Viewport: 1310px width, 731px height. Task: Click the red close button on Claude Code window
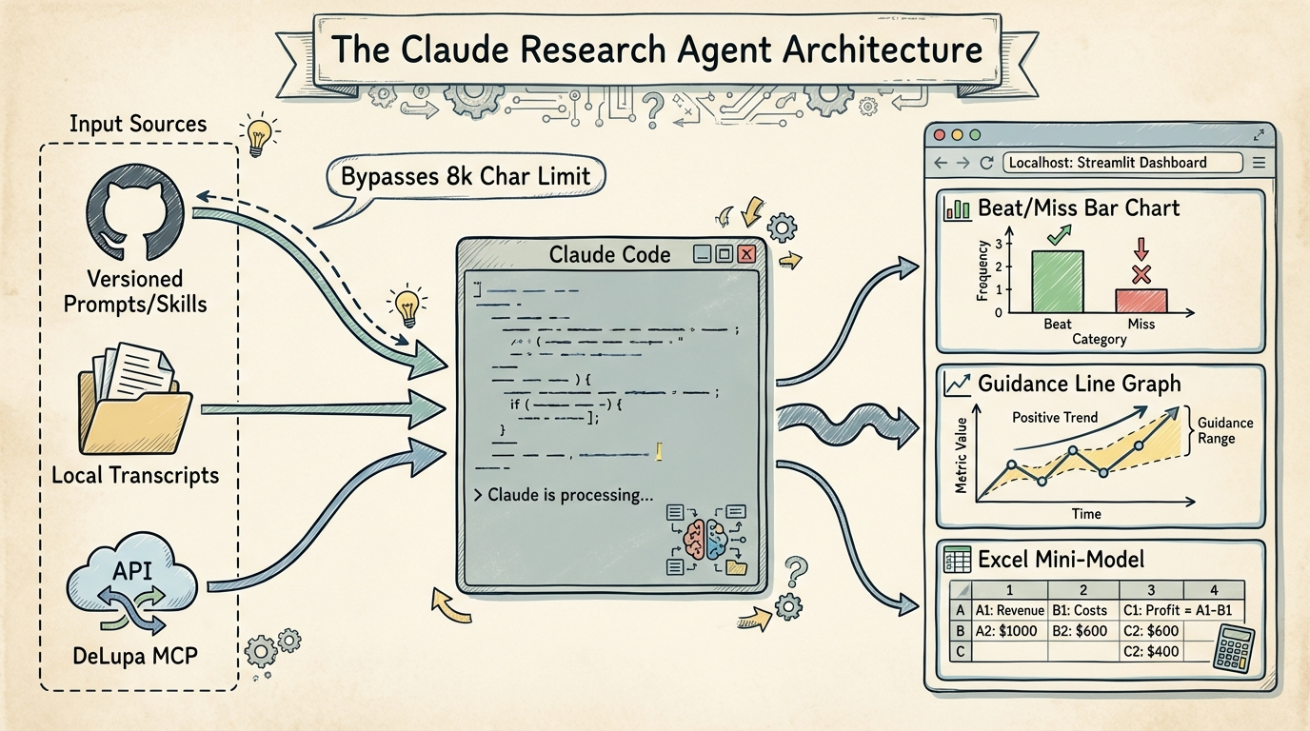point(747,254)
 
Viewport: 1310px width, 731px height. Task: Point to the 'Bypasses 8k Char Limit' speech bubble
point(466,176)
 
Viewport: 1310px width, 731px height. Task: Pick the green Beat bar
point(1057,282)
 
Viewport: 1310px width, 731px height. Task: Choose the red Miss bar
point(1141,301)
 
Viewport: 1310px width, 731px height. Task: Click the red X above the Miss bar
point(1141,275)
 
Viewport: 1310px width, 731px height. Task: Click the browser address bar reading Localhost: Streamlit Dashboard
point(1122,163)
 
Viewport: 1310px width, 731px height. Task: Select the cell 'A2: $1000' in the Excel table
point(1006,631)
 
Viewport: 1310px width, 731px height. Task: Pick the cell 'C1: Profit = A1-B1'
point(1182,610)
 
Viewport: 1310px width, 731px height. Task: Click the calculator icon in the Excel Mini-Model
point(1233,649)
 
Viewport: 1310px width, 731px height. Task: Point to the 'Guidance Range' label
point(1224,430)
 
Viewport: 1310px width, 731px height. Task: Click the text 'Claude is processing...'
point(569,496)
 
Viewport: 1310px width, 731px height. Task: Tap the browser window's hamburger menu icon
point(1259,163)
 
